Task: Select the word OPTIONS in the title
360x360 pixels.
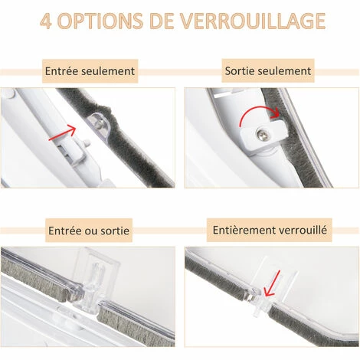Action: click(100, 21)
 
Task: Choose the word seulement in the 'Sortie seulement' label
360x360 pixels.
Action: click(285, 71)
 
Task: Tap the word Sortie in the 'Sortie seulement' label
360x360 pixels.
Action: click(241, 71)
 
